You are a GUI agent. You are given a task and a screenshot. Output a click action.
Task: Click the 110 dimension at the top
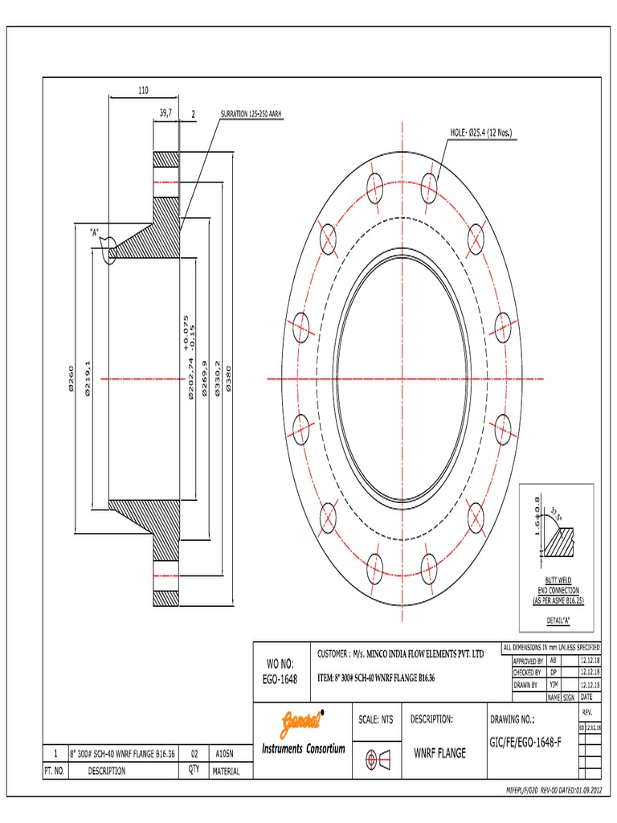click(x=143, y=92)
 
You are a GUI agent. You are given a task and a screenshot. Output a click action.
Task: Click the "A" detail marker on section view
click(x=95, y=232)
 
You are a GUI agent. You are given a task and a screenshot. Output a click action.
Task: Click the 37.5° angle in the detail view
click(x=555, y=514)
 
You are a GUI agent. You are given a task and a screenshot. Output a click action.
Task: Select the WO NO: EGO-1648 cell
click(x=280, y=671)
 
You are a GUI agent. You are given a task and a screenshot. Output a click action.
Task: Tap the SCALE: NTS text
click(x=375, y=719)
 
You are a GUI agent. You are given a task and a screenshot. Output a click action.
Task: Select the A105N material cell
click(x=226, y=755)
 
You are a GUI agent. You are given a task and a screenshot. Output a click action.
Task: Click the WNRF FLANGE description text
click(x=439, y=754)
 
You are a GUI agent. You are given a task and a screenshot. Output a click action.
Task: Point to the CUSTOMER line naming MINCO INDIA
click(x=401, y=656)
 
